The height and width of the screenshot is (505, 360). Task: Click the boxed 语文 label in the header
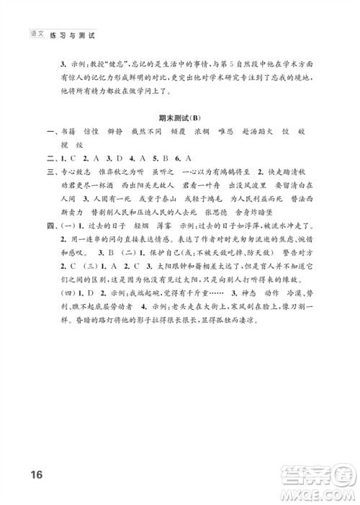(x=36, y=34)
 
